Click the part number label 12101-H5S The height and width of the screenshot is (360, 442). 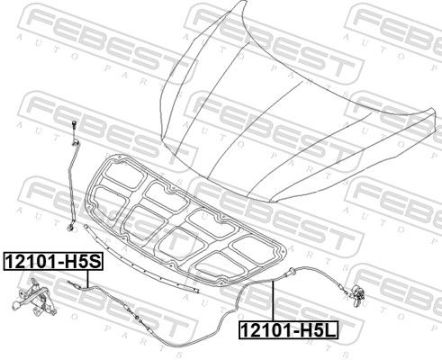(53, 261)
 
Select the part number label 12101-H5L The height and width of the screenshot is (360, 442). (288, 329)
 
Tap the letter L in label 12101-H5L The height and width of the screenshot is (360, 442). (330, 330)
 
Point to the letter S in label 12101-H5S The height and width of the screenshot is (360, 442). (95, 262)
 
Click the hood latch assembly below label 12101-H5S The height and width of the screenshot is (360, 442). (33, 297)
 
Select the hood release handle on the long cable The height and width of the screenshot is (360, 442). (358, 294)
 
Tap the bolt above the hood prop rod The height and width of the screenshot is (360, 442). (73, 125)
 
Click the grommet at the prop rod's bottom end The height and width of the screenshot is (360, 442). (71, 228)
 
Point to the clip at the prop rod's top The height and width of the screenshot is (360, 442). (75, 141)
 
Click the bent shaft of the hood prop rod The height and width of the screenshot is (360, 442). (72, 183)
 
